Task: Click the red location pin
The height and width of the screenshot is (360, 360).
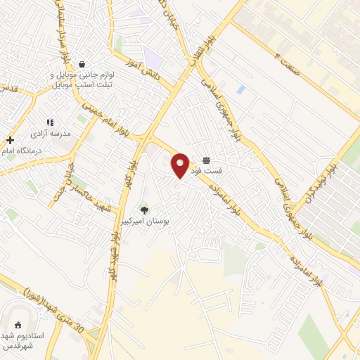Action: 181,165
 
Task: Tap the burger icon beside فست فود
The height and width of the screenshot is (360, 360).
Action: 206,161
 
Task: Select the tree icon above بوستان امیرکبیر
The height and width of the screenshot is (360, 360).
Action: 144,210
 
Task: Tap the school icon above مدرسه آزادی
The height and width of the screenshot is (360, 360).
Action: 49,122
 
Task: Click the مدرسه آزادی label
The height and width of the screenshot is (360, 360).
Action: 49,132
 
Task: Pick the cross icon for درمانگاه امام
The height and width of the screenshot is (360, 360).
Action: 10,140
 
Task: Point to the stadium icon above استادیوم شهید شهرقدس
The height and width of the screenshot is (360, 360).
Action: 18,326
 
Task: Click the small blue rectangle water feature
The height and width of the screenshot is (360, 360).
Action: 241,89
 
